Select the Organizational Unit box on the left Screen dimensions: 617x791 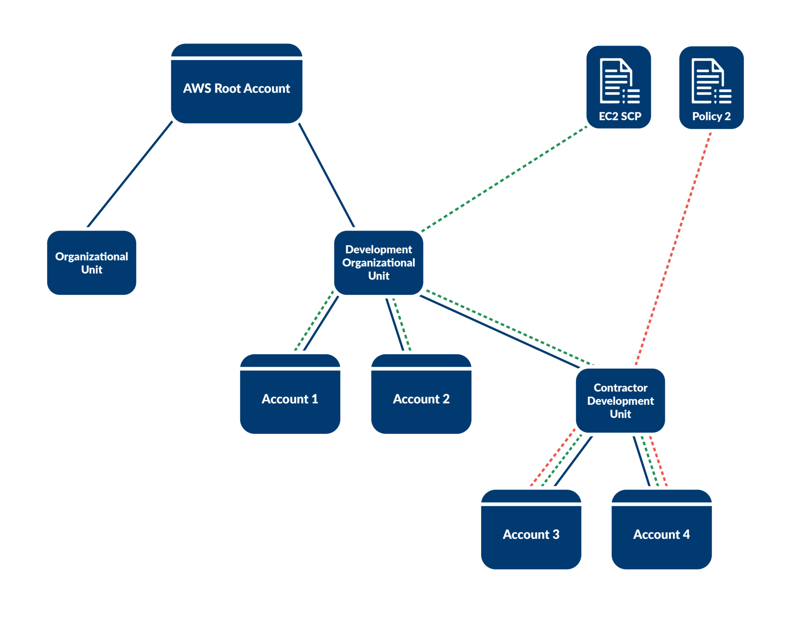pos(91,263)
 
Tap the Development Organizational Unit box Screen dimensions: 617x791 pos(378,262)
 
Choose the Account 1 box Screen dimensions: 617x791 pos(290,399)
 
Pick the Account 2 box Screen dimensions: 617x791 pos(421,399)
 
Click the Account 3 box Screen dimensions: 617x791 pos(531,534)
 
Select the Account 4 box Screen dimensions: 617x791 pos(661,534)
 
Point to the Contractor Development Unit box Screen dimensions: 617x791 pos(620,401)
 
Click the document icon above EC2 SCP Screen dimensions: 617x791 pos(619,81)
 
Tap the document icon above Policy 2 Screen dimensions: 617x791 pos(711,81)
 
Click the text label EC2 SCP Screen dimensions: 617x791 pos(620,116)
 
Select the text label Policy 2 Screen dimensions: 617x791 pos(711,116)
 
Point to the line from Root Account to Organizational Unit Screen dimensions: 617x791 pos(130,174)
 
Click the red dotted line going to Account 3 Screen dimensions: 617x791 pos(552,458)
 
